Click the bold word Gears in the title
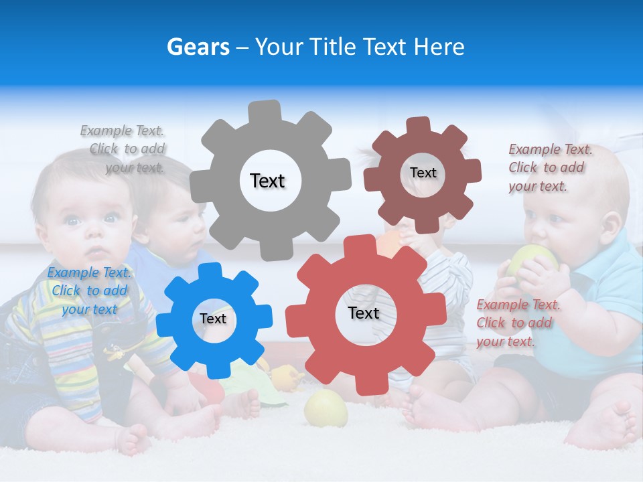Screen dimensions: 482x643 pos(198,47)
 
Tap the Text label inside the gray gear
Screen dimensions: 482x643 pos(267,181)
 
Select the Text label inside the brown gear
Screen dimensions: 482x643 pos(423,173)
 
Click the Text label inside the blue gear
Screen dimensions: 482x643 pos(213,319)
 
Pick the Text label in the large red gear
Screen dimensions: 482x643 pos(364,313)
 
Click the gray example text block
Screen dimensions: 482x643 pos(125,149)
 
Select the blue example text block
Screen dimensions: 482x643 pos(90,291)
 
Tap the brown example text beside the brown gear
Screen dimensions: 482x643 pos(549,167)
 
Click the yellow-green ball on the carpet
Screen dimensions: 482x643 pos(326,408)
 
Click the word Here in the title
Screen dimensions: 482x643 pos(439,47)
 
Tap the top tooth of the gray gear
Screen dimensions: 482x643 pos(265,111)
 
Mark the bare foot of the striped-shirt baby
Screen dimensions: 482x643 pos(134,438)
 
